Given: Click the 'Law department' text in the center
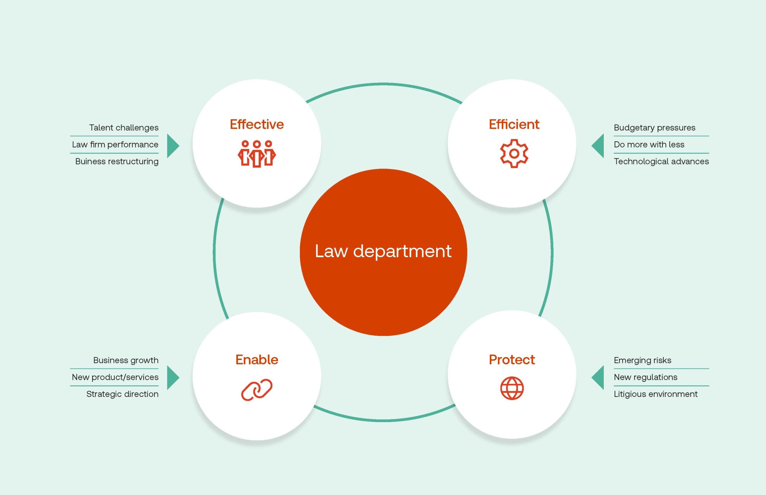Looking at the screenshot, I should pyautogui.click(x=383, y=251).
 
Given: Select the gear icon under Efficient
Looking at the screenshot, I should pyautogui.click(x=514, y=153).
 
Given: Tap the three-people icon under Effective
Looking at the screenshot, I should pyautogui.click(x=256, y=153).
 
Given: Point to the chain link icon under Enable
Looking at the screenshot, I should pyautogui.click(x=256, y=389).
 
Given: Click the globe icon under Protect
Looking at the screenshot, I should pyautogui.click(x=512, y=388).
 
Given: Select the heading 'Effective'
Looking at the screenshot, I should pyautogui.click(x=256, y=124).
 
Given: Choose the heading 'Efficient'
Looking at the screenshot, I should pyautogui.click(x=514, y=124).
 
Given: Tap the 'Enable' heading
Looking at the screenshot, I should pyautogui.click(x=256, y=360).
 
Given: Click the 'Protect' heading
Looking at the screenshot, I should pyautogui.click(x=512, y=360).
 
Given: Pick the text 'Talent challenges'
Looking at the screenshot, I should pyautogui.click(x=124, y=128).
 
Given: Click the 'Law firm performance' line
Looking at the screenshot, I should pyautogui.click(x=115, y=145).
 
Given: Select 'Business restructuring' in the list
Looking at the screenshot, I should pyautogui.click(x=116, y=161).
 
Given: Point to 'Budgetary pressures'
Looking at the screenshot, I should pyautogui.click(x=654, y=128).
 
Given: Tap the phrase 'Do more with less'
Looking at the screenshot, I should pyautogui.click(x=649, y=145).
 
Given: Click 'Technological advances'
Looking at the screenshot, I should pyautogui.click(x=661, y=161).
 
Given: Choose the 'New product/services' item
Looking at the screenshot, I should pyautogui.click(x=115, y=377).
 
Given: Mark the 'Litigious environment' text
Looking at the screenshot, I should pyautogui.click(x=655, y=394).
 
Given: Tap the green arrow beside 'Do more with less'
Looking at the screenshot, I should pyautogui.click(x=598, y=146).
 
